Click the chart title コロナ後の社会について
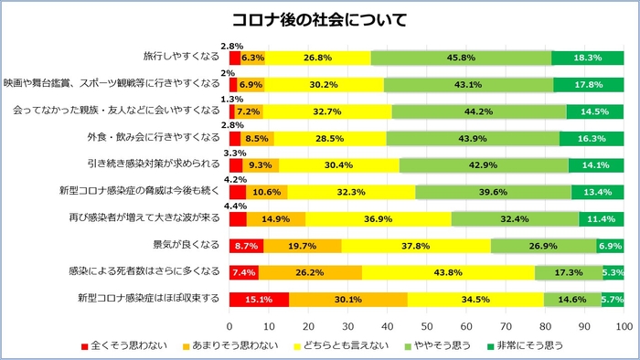[319, 19]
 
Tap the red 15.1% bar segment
[259, 300]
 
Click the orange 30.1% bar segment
[347, 300]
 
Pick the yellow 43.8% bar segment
[448, 272]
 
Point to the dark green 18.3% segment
[587, 58]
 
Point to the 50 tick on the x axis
[427, 325]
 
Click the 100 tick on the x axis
[624, 325]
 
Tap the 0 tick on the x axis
[229, 325]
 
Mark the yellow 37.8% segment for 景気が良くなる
[416, 246]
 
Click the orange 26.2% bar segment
[310, 272]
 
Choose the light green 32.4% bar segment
[516, 219]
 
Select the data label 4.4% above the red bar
[234, 206]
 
